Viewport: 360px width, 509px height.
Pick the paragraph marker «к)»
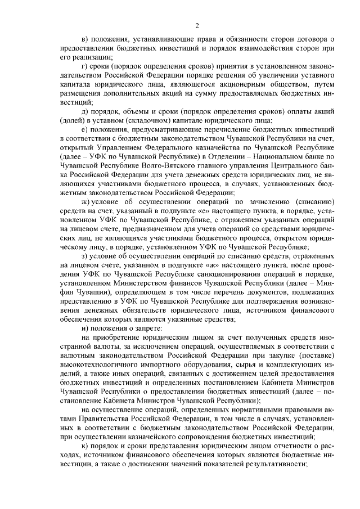coord(84,449)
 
